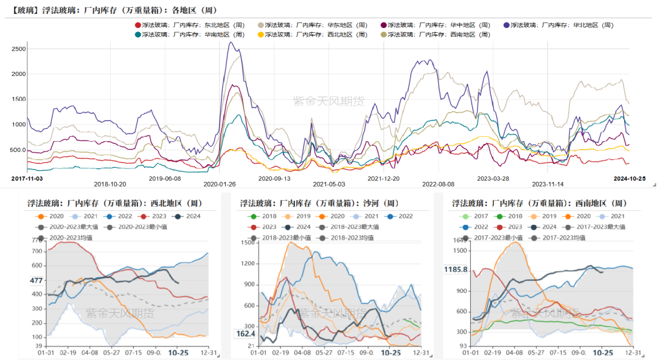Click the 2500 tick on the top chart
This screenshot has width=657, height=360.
[18, 49]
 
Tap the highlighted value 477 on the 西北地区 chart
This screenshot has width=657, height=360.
[36, 280]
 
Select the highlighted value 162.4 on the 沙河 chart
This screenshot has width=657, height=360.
[246, 334]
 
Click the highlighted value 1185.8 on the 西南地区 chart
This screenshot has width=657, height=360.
[456, 269]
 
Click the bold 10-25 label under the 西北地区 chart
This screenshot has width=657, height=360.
[178, 353]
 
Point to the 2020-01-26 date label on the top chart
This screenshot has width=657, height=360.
[219, 184]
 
